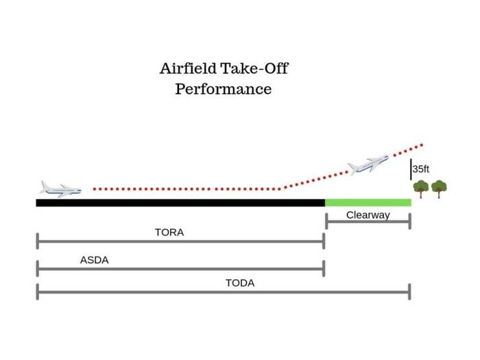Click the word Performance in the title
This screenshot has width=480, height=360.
tap(223, 89)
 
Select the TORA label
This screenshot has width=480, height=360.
tap(169, 232)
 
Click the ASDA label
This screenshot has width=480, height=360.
tap(94, 260)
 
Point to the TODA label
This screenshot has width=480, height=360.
tap(240, 283)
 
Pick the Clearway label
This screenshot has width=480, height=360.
tap(368, 215)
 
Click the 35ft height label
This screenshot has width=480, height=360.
tap(421, 169)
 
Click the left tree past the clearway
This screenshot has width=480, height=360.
tap(420, 189)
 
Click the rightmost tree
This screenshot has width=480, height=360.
tap(439, 189)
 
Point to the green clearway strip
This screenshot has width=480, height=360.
tap(368, 202)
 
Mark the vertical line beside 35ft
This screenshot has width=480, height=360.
tap(411, 169)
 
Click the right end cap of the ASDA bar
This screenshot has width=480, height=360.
tap(324, 269)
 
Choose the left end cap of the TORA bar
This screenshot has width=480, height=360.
tap(38, 241)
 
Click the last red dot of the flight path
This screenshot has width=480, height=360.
tap(422, 145)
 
